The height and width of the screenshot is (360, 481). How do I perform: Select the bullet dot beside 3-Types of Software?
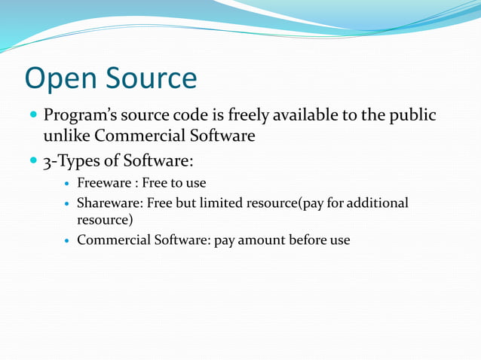32,161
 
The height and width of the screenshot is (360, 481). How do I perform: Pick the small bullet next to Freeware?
67,184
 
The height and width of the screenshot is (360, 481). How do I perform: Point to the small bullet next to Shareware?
67,203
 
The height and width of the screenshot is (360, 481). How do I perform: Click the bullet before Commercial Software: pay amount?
67,241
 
